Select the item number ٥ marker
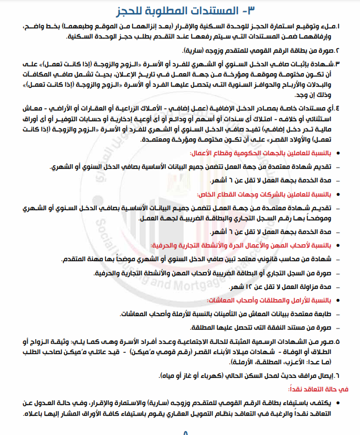[x=341, y=342]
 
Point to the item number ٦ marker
[x=341, y=375]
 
